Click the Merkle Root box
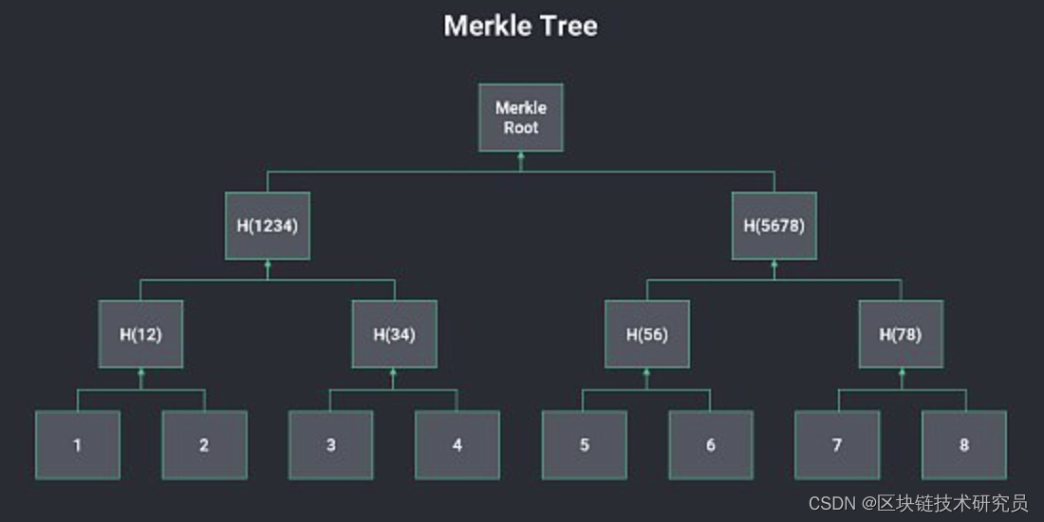pos(520,118)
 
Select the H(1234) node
pos(268,226)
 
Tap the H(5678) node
pos(774,226)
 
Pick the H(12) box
pos(140,334)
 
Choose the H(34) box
pos(394,334)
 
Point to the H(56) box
pos(647,334)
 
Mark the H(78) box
pos(901,334)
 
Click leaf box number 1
pos(78,444)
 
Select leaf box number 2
pos(204,444)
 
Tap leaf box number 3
pos(330,444)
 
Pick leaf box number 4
pos(457,444)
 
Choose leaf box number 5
pos(584,444)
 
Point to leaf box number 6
pos(711,444)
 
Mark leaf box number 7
pos(837,444)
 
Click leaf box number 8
pos(964,444)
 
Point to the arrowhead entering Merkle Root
pos(520,157)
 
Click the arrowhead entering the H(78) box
pos(901,373)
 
